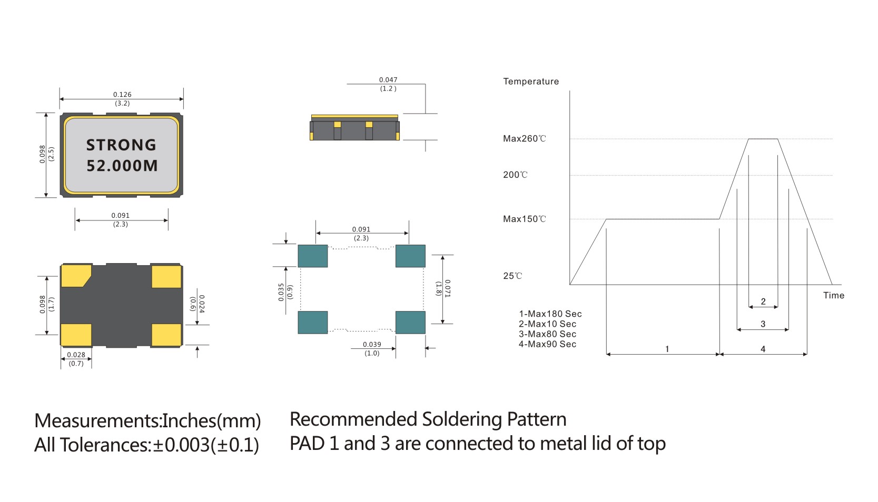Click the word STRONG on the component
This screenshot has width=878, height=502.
coord(121,145)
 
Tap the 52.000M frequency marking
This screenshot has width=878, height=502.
coord(122,166)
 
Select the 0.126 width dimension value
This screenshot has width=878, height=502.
coord(122,95)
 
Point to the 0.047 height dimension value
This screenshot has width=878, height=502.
coord(388,80)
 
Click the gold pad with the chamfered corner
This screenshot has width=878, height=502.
coord(75,276)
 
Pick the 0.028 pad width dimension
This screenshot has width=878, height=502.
coord(76,355)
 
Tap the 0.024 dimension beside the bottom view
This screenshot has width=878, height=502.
coord(202,304)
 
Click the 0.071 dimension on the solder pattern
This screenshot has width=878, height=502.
coord(447,288)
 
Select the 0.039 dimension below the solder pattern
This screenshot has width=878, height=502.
coord(372,345)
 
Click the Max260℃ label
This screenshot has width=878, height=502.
coord(524,139)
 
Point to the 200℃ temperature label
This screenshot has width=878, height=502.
coord(515,175)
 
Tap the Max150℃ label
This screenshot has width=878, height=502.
coord(524,219)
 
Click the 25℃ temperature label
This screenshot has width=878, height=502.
coord(512,276)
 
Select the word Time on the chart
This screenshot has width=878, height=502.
coord(833,295)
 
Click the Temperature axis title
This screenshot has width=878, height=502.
coord(530,82)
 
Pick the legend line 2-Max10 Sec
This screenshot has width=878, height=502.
coord(547,324)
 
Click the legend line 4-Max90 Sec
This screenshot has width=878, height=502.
coord(547,344)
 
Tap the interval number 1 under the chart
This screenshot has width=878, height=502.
coord(667,349)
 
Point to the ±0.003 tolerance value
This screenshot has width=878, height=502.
coord(181,445)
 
